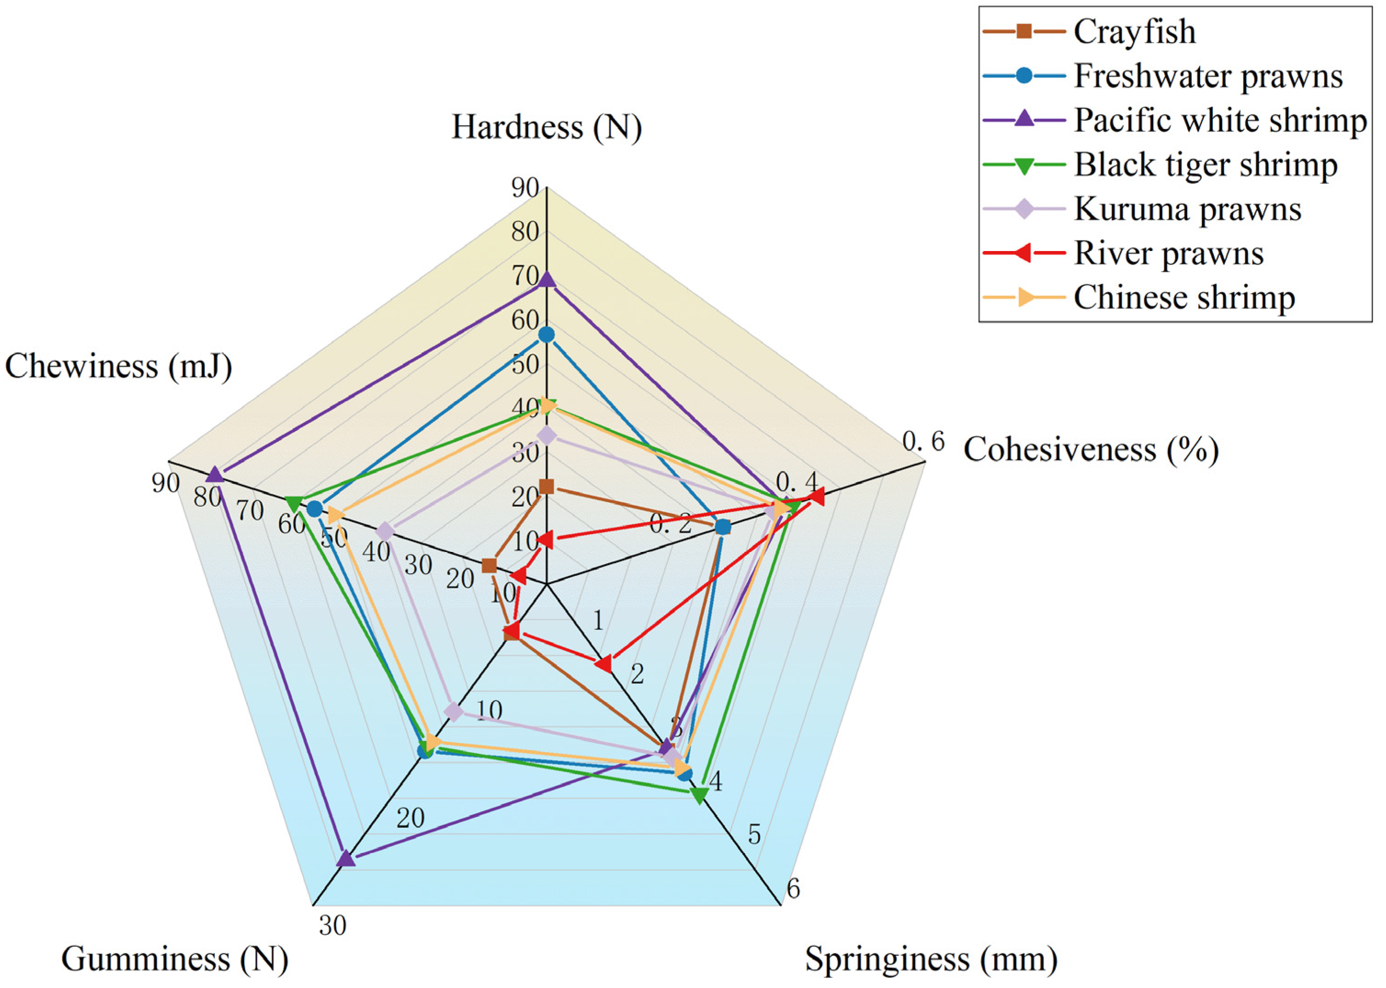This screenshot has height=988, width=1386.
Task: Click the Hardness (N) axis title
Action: pos(546,128)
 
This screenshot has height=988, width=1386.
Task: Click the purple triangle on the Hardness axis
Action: pos(547,280)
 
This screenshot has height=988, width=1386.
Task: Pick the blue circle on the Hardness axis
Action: pos(547,335)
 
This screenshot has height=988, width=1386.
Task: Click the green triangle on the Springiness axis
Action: pos(699,795)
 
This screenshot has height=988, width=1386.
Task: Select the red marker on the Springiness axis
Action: pos(603,664)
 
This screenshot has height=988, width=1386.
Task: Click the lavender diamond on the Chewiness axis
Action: pos(385,531)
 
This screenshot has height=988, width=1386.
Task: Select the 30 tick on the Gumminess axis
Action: pos(332,925)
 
